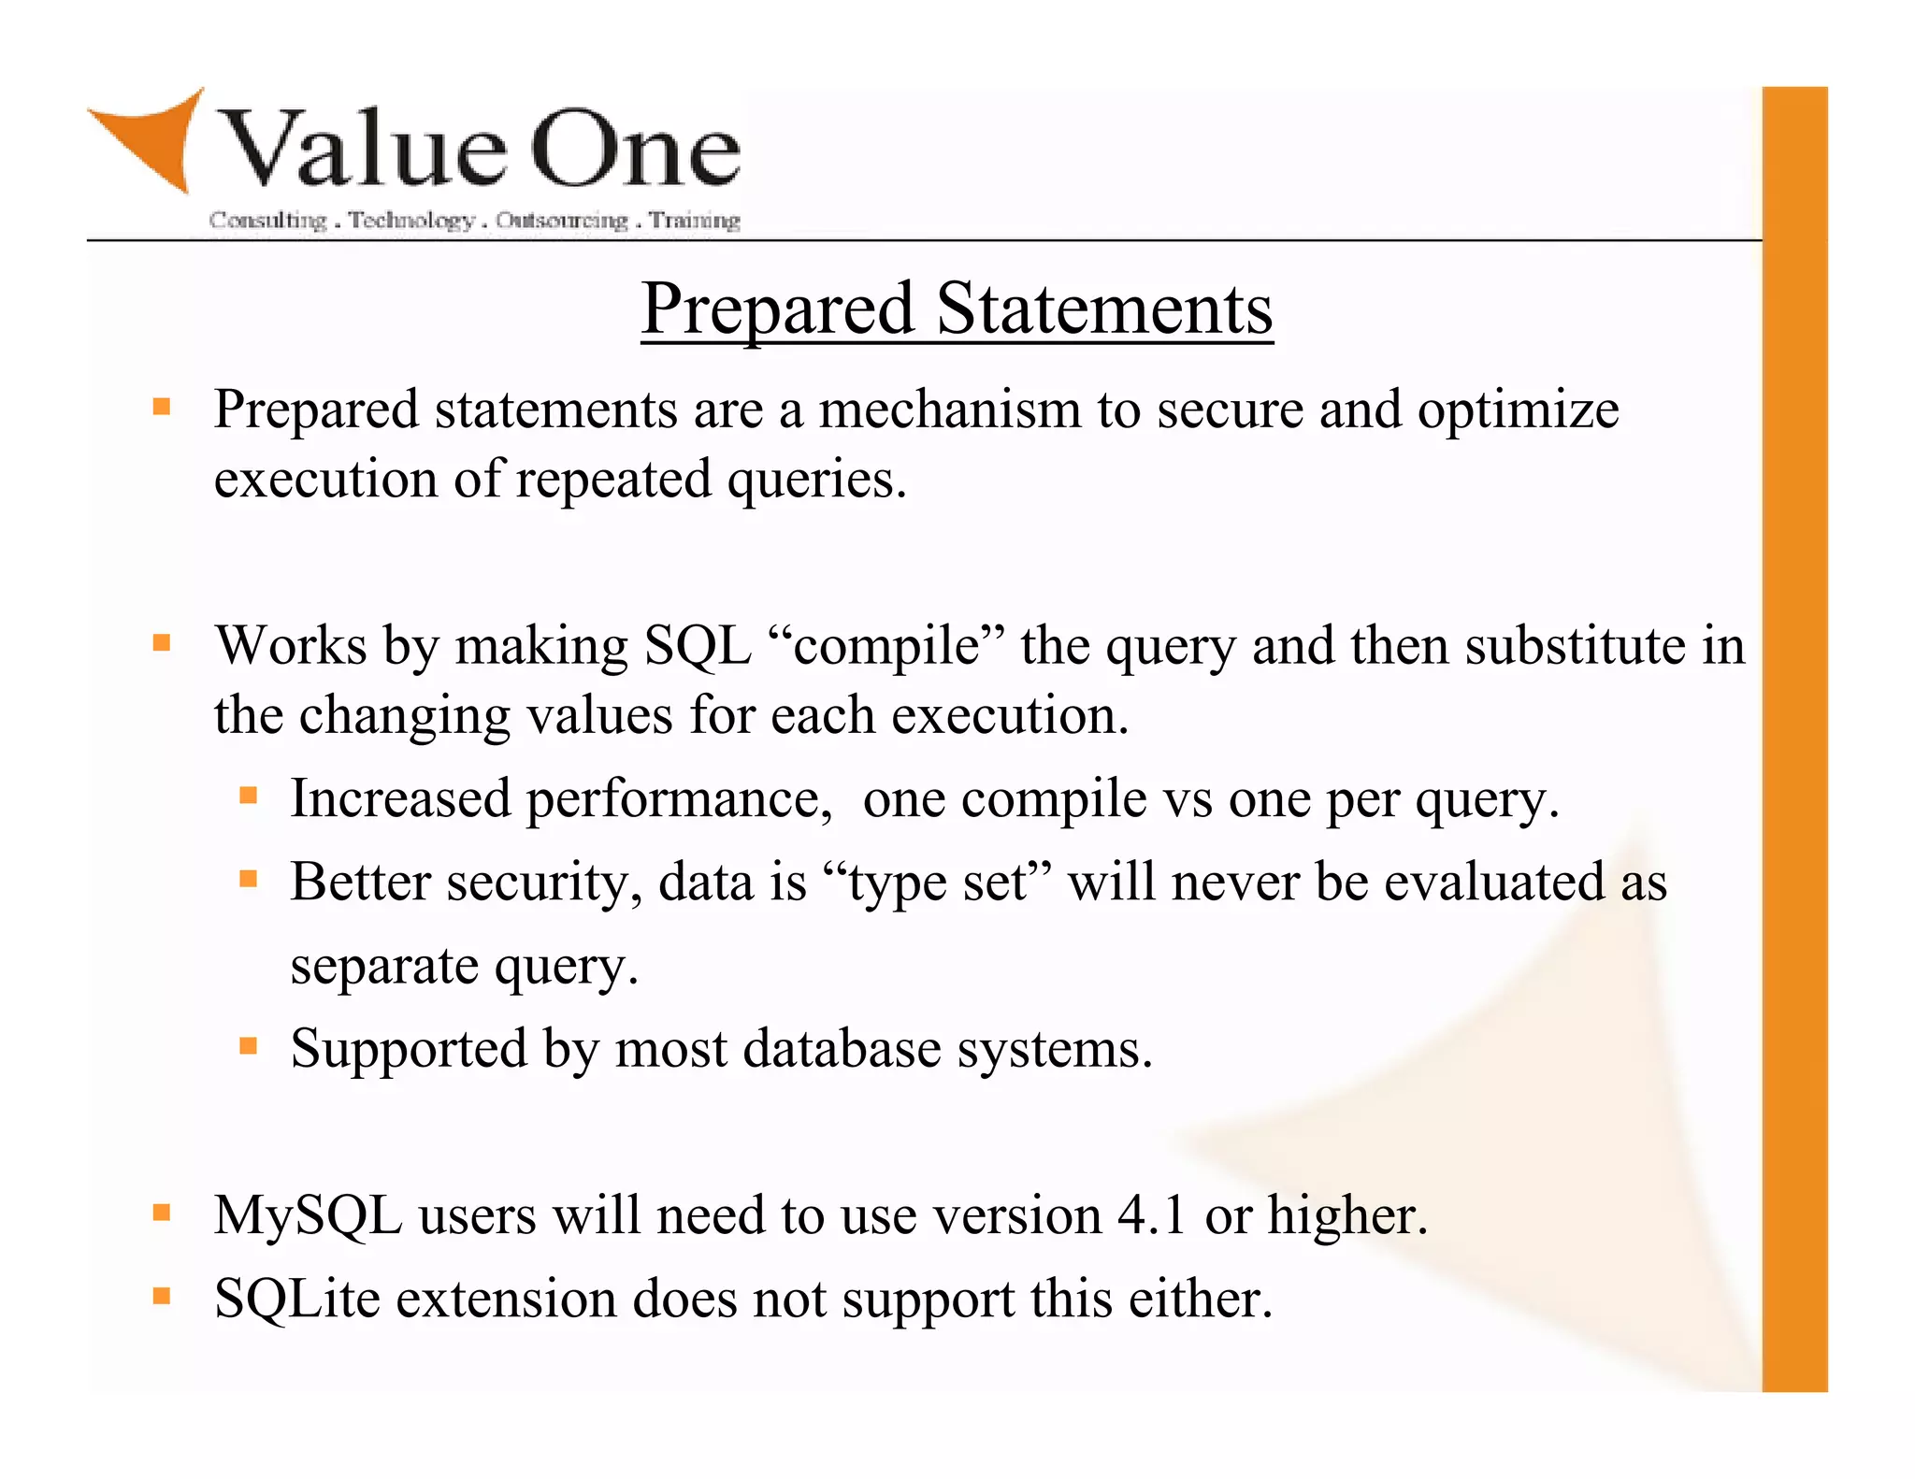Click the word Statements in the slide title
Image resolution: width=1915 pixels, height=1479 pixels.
[1104, 309]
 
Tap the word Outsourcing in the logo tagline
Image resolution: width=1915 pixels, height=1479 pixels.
[562, 221]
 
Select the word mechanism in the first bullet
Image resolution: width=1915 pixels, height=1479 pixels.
[950, 409]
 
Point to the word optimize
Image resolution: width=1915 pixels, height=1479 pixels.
[1518, 411]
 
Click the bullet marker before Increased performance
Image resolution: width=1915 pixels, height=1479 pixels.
[248, 796]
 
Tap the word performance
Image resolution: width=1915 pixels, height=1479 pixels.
[679, 800]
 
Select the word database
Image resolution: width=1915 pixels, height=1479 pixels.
[842, 1049]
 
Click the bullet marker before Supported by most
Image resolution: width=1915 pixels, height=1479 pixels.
[248, 1045]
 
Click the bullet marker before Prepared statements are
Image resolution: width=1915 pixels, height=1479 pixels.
[162, 407]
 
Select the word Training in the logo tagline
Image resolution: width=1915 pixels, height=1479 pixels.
[695, 221]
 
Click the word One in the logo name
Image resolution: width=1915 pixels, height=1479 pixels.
[636, 150]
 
